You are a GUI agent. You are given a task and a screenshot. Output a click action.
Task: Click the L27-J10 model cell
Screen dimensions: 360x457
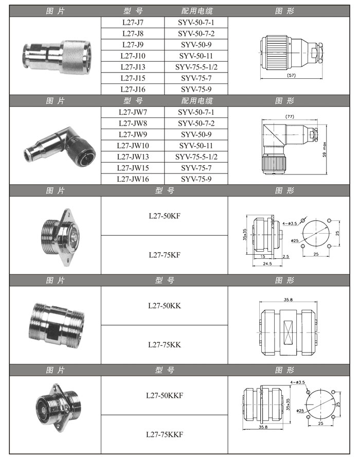(x=133, y=56)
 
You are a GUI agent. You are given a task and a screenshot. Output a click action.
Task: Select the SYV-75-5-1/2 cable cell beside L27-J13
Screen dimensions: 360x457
(x=196, y=67)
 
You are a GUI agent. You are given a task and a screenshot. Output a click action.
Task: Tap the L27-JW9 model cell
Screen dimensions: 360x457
(x=133, y=135)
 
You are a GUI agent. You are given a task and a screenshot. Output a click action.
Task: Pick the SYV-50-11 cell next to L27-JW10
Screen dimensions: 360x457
(x=196, y=146)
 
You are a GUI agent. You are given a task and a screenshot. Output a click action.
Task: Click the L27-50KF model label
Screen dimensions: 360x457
(x=165, y=216)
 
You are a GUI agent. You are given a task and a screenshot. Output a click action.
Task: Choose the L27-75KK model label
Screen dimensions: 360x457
(x=165, y=345)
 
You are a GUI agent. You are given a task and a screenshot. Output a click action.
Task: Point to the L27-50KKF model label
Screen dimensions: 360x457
(x=165, y=396)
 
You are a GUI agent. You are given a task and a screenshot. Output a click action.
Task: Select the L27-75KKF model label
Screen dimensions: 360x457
(x=165, y=434)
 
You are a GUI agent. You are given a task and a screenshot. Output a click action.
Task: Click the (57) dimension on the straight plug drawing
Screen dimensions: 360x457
(x=291, y=76)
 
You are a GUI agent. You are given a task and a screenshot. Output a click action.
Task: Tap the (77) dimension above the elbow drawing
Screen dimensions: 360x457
(x=290, y=117)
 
